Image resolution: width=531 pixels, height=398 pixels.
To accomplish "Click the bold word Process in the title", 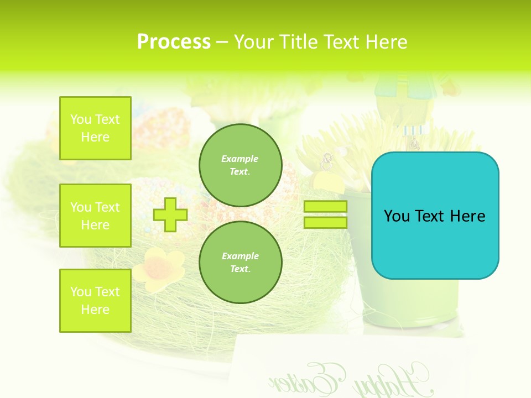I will pos(174,42).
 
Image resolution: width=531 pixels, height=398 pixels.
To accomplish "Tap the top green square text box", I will pos(95,128).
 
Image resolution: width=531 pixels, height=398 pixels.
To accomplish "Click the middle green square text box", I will pos(95,216).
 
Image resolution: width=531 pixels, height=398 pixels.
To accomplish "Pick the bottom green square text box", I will pos(95,300).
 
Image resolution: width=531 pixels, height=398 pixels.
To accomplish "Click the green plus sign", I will pos(170,214).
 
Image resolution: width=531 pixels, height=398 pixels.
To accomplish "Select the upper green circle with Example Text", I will pos(240,165).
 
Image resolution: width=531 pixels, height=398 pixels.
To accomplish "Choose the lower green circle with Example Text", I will pos(240,262).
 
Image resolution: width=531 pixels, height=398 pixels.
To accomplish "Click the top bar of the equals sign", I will pos(325,207).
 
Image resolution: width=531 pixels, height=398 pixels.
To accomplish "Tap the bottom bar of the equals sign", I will pos(325,222).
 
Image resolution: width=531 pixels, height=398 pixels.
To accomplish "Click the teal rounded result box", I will pos(435,216).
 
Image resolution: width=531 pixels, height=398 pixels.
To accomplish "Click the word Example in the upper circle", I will pos(240,159).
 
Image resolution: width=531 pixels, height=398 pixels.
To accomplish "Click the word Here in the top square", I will pos(95,137).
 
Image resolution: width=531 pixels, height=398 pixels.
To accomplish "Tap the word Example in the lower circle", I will pos(240,256).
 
